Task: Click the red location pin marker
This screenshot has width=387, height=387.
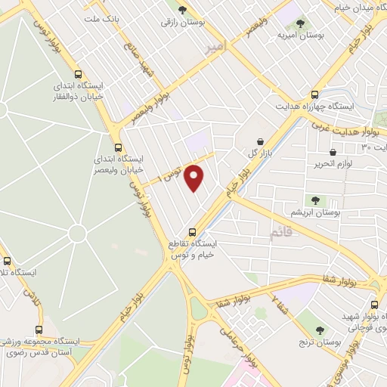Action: [195, 177]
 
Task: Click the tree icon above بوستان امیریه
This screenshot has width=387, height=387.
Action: [302, 21]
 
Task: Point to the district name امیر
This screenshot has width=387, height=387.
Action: [215, 47]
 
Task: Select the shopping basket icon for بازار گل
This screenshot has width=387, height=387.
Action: [260, 141]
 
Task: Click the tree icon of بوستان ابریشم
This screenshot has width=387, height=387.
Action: [315, 200]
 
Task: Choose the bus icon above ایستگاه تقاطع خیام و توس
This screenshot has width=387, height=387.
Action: [193, 231]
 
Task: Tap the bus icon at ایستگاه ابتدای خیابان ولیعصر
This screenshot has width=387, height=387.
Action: [117, 147]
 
